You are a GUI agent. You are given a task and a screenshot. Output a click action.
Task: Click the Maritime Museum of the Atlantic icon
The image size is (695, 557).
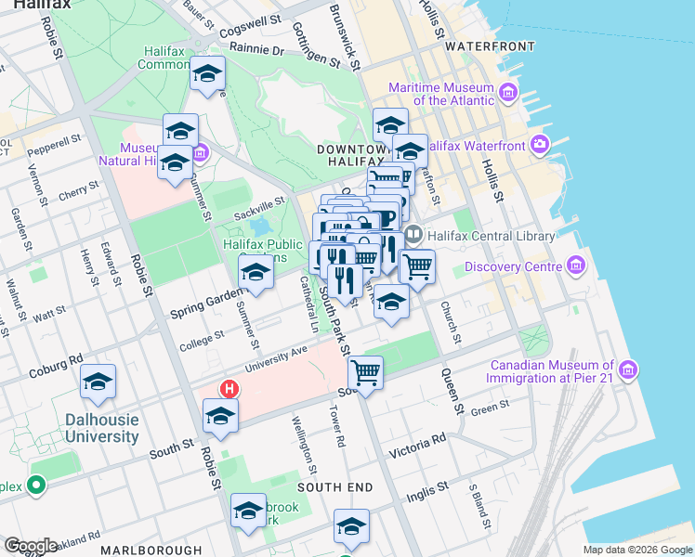[x=508, y=93]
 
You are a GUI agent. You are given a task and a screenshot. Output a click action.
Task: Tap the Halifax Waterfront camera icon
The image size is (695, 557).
[x=540, y=144]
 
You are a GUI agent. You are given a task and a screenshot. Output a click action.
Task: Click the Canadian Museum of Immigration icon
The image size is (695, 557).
[x=629, y=370]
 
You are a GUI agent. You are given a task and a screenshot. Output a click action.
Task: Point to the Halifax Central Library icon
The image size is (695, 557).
[x=413, y=236]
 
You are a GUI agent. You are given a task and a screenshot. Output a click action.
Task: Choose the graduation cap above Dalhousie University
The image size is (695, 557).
[x=98, y=382]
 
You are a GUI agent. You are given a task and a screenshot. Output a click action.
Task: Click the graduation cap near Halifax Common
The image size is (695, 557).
[x=207, y=73]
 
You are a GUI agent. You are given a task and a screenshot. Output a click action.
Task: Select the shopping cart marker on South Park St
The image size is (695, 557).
[x=366, y=372]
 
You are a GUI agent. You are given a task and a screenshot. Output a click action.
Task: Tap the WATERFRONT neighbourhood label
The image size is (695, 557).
[x=490, y=45]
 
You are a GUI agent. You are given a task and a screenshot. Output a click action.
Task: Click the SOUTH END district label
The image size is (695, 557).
[x=334, y=486]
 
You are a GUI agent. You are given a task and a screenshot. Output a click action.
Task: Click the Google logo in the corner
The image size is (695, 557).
[x=30, y=545]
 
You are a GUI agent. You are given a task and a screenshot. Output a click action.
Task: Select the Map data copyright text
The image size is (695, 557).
[x=637, y=550]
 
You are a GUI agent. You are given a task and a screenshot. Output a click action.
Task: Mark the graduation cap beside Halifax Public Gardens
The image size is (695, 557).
[x=256, y=272]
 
